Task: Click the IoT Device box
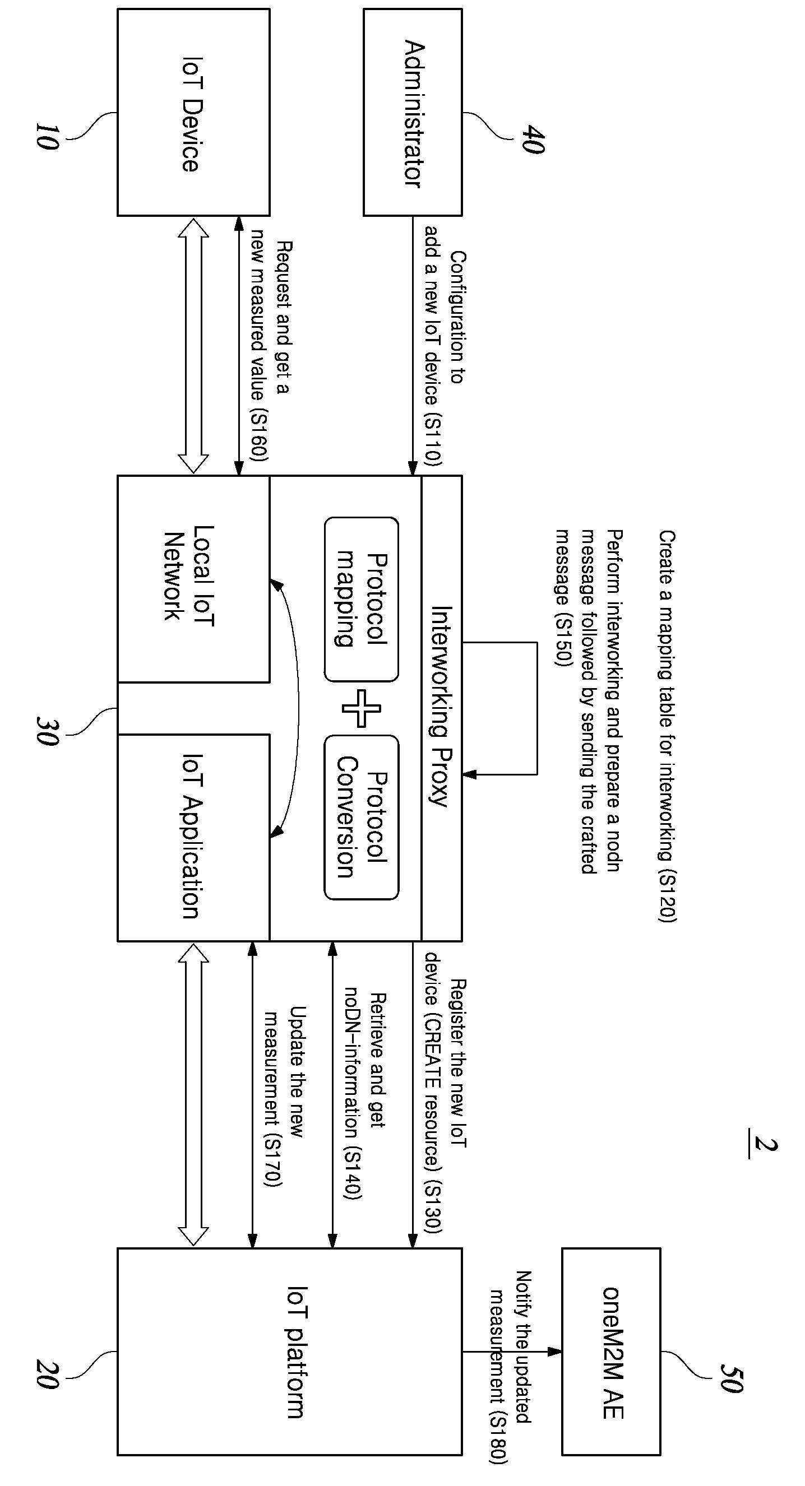[193, 113]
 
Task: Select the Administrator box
[413, 113]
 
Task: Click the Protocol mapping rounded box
[361, 600]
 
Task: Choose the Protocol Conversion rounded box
[361, 817]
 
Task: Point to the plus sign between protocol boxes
[361, 708]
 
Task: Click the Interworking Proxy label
[441, 705]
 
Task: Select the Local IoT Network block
[193, 579]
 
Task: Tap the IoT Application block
[193, 838]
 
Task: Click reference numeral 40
[532, 139]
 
